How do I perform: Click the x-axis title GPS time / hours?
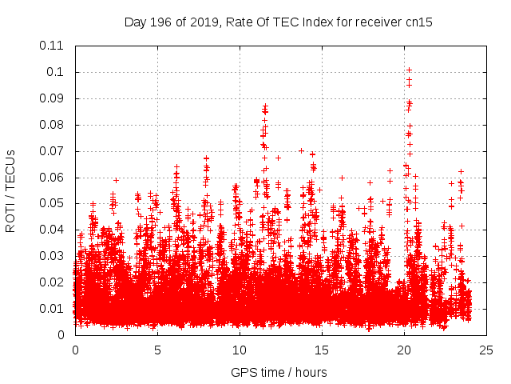point(279,372)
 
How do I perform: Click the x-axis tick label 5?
point(157,350)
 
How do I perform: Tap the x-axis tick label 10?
point(240,350)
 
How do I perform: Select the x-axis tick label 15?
point(322,350)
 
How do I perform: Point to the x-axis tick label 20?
point(404,350)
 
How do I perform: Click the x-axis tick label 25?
point(486,350)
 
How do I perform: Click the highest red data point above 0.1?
point(409,70)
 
